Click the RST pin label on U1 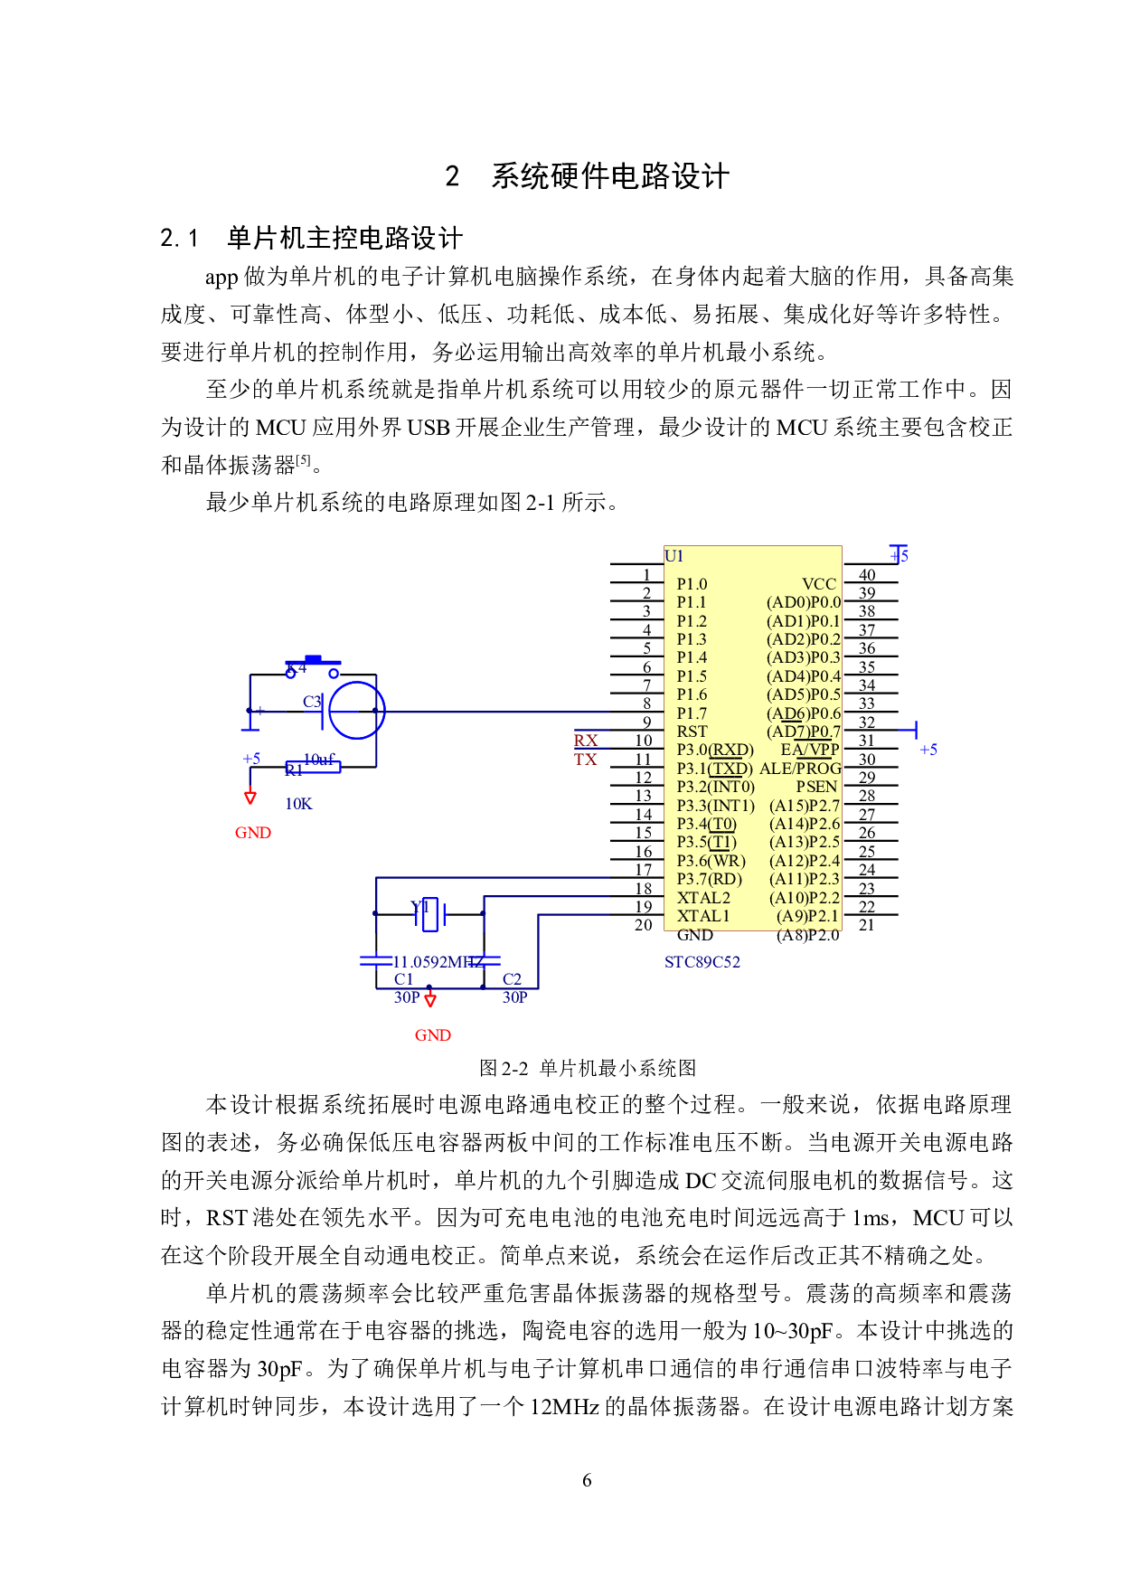[692, 732]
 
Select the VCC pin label [819, 584]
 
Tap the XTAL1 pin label [703, 916]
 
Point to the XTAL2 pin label [703, 898]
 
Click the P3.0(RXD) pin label [714, 750]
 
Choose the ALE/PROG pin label [800, 769]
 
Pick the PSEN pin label [816, 787]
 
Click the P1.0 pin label [692, 584]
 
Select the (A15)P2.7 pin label [805, 806]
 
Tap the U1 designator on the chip [674, 556]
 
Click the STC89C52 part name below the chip [702, 962]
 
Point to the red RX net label [586, 741]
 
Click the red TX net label [586, 760]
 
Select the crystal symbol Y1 [431, 914]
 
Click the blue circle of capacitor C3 [357, 711]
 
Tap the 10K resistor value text [299, 804]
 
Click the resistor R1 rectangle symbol [313, 768]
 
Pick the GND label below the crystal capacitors [433, 1035]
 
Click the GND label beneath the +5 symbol [253, 833]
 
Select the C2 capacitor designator [513, 979]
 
